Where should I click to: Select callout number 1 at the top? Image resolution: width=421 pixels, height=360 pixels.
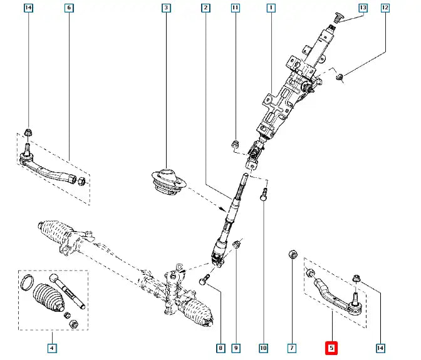[x=271, y=8]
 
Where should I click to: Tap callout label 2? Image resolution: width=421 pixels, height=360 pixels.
[x=205, y=8]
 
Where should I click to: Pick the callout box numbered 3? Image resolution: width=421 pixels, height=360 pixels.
[x=165, y=8]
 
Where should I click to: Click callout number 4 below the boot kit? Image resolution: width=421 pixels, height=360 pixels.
[x=53, y=347]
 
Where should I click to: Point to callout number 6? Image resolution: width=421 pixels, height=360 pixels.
[x=69, y=8]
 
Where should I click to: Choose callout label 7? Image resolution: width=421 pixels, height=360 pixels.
[x=292, y=347]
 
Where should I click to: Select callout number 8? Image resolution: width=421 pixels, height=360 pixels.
[x=220, y=347]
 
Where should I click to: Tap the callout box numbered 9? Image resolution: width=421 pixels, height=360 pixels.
[x=236, y=347]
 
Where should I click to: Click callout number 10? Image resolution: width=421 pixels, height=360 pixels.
[x=264, y=347]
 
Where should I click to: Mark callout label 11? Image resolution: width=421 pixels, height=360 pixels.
[x=235, y=8]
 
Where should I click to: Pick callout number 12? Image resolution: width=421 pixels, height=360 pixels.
[x=385, y=8]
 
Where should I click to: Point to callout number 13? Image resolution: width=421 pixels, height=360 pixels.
[x=363, y=8]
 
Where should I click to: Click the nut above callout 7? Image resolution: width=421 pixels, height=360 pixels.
[x=292, y=255]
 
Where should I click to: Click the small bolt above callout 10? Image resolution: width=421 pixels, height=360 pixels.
[x=265, y=194]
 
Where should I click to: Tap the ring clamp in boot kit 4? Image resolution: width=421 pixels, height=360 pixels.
[x=27, y=282]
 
